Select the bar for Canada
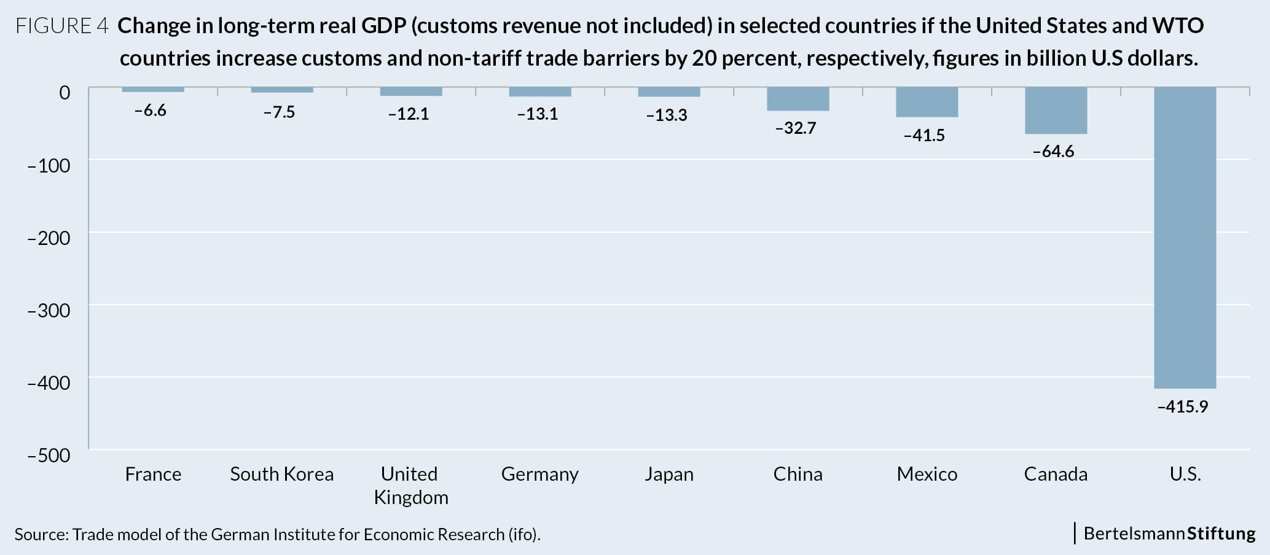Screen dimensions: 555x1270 click(1056, 111)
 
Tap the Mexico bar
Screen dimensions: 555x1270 click(927, 102)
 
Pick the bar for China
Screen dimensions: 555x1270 click(798, 99)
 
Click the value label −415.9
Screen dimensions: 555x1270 click(1182, 406)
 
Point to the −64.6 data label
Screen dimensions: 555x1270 click(1053, 151)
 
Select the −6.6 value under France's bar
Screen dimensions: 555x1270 click(150, 111)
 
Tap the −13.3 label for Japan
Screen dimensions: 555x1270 click(666, 115)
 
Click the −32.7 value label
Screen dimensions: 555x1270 click(795, 128)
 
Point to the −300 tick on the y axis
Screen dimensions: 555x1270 click(49, 310)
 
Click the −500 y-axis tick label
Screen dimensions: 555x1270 click(49, 455)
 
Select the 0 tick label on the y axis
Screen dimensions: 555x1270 click(64, 93)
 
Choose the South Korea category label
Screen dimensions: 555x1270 click(281, 474)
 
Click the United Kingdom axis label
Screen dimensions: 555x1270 click(410, 485)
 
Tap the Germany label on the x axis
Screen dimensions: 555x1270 click(539, 474)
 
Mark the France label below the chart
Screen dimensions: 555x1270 click(153, 474)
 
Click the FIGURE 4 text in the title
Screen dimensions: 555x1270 click(61, 26)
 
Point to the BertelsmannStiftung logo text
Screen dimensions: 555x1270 click(1169, 533)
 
